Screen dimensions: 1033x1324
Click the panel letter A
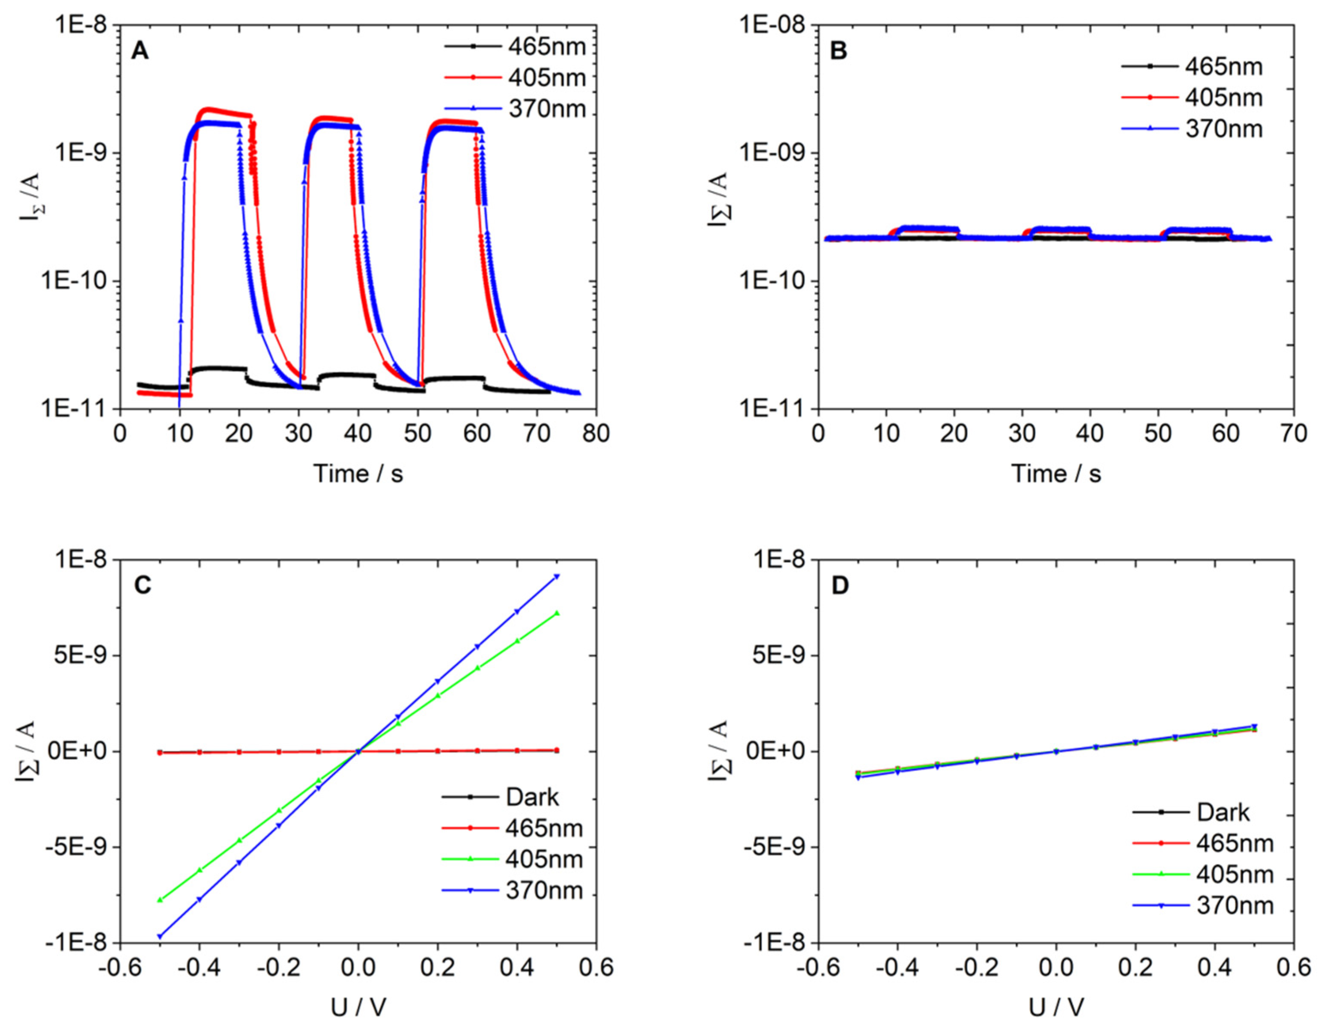coord(140,51)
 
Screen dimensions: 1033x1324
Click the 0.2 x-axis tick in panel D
coord(1136,968)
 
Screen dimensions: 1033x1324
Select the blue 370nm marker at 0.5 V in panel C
coord(557,577)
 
